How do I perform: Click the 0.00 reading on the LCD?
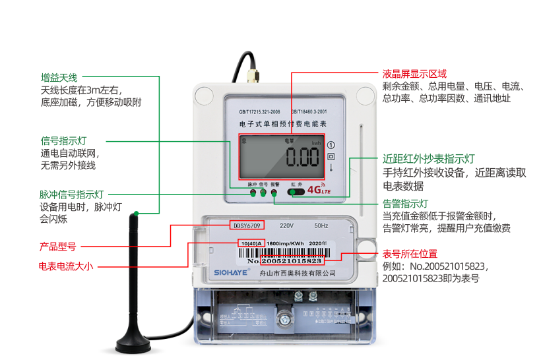coord(302,158)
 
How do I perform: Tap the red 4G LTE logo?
coord(319,191)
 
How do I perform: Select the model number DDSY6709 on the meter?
coord(247,225)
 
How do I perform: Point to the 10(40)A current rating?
coord(251,243)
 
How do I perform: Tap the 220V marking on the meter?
coord(286,225)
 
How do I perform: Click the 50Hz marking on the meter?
coord(321,225)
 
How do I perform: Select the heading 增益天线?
coord(59,77)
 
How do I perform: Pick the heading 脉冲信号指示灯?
coord(71,195)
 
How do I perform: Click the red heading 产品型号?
coord(57,247)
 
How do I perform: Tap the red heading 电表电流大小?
coord(67,266)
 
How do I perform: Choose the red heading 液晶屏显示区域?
coord(414,74)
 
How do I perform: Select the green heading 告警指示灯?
coord(406,203)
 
